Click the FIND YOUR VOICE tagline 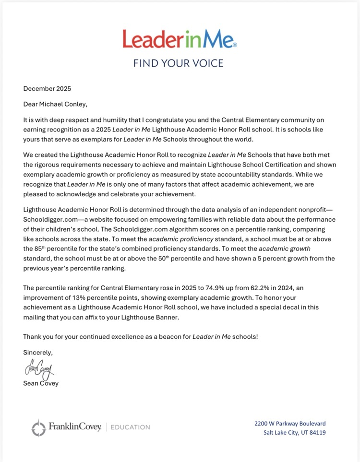[179, 63]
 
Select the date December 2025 [47, 88]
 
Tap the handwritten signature [39, 369]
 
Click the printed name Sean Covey [41, 383]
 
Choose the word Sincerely [38, 352]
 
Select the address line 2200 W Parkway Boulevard [290, 423]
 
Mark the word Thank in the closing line [33, 336]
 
